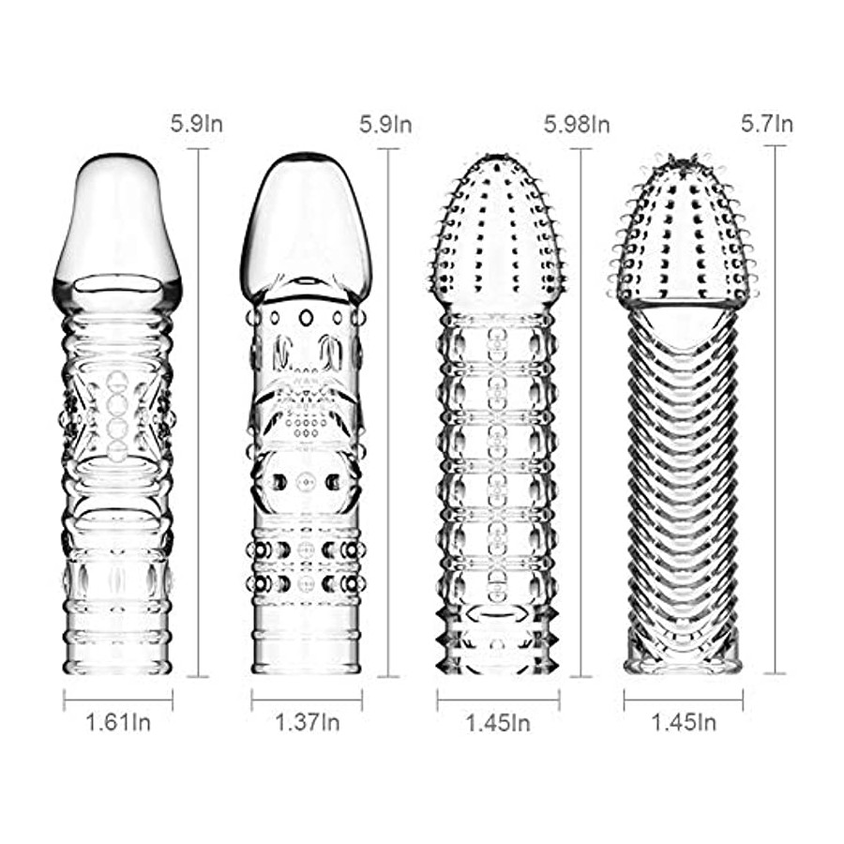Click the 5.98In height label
pyautogui.click(x=577, y=125)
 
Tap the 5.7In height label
pyautogui.click(x=767, y=124)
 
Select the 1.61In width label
pyautogui.click(x=118, y=722)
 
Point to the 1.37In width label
pyautogui.click(x=308, y=722)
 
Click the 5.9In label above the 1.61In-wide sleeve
pyautogui.click(x=197, y=125)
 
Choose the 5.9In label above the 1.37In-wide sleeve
pyautogui.click(x=385, y=125)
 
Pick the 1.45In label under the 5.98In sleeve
pyautogui.click(x=498, y=723)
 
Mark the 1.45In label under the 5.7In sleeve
pyautogui.click(x=684, y=722)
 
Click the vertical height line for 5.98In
pyautogui.click(x=580, y=413)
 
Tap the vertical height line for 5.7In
pyautogui.click(x=776, y=409)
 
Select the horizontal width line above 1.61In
pyautogui.click(x=118, y=700)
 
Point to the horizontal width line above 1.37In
pyautogui.click(x=307, y=700)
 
